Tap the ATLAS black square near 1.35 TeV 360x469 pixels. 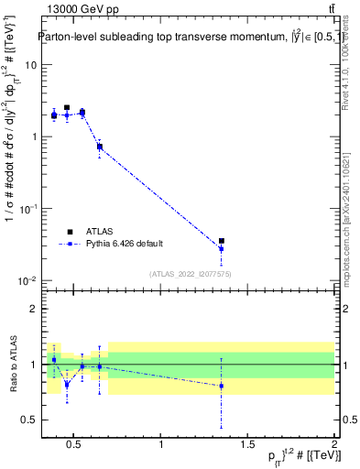(x=222, y=241)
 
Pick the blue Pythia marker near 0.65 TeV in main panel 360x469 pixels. (x=99, y=147)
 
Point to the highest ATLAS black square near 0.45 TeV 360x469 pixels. (x=67, y=107)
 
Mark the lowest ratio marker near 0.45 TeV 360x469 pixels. (x=67, y=385)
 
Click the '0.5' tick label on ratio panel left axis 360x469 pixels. (x=30, y=420)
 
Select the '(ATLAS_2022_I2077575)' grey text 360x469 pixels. (x=191, y=273)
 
